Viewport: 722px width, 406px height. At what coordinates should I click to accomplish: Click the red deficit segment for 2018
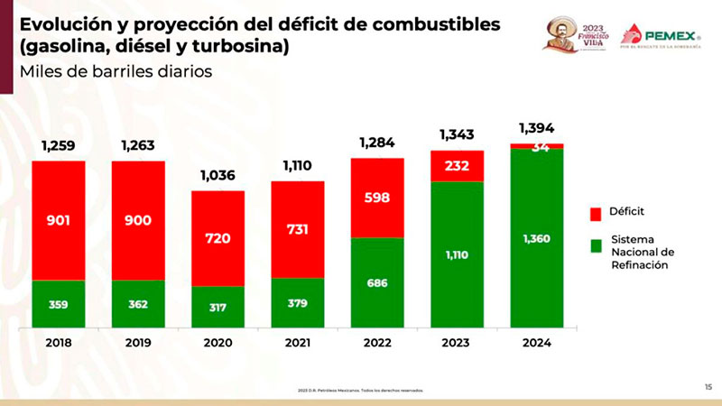tap(59, 220)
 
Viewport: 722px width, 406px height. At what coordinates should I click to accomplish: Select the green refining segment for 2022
tap(377, 282)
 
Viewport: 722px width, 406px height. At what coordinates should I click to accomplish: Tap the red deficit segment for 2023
tap(458, 166)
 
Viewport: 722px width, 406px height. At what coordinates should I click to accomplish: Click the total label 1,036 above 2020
tap(218, 176)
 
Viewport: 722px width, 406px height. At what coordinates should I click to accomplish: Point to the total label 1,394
tap(537, 127)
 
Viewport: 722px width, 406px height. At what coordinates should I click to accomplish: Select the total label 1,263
tap(139, 145)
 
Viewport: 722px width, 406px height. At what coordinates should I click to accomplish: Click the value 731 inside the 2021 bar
tap(298, 231)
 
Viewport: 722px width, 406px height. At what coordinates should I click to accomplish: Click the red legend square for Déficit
tap(596, 213)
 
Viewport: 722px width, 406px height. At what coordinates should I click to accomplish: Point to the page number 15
tap(708, 386)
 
